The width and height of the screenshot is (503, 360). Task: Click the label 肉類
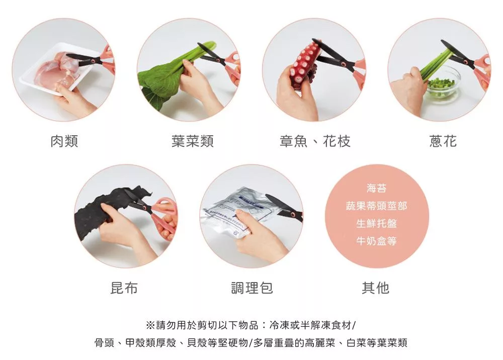pyautogui.click(x=64, y=141)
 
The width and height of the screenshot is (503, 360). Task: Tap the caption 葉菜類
pyautogui.click(x=193, y=141)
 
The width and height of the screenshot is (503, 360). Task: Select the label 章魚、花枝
pyautogui.click(x=315, y=141)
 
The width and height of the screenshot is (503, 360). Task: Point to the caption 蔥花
pyautogui.click(x=443, y=141)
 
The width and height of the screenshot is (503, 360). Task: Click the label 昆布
pyautogui.click(x=124, y=288)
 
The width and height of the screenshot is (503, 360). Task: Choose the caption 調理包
pyautogui.click(x=252, y=288)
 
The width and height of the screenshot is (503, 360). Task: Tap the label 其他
pyautogui.click(x=376, y=288)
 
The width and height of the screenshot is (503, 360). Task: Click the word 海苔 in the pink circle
pyautogui.click(x=377, y=188)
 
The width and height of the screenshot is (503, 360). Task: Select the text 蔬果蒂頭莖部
pyautogui.click(x=377, y=206)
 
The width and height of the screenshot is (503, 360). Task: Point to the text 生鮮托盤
pyautogui.click(x=377, y=223)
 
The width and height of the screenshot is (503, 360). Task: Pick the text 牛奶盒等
pyautogui.click(x=377, y=241)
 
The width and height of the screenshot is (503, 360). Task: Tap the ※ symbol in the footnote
pyautogui.click(x=150, y=325)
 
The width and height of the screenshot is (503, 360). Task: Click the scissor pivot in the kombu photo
pyautogui.click(x=145, y=207)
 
